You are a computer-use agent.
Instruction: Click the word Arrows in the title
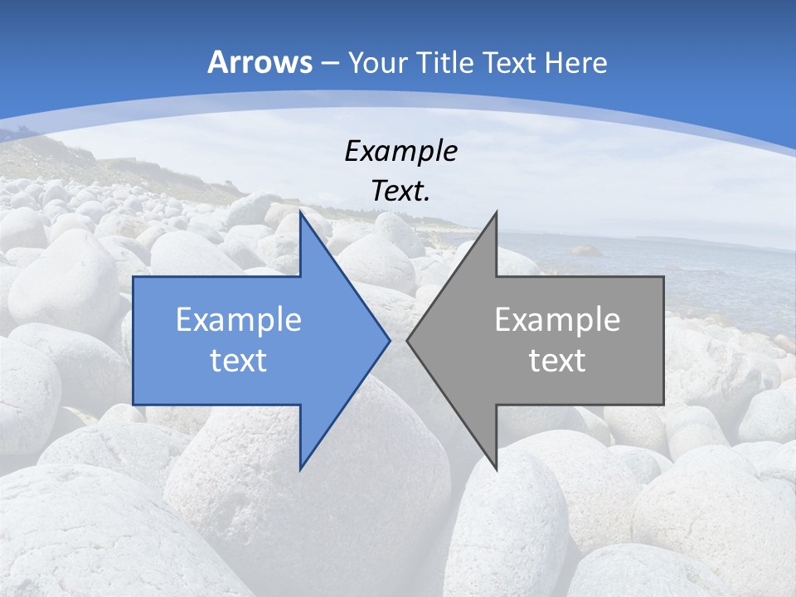pos(260,62)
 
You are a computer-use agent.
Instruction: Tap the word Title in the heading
pos(445,62)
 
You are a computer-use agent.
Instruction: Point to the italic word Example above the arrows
pos(400,151)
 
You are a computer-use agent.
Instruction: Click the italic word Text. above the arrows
pos(400,192)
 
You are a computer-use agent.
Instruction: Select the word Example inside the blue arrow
pos(239,320)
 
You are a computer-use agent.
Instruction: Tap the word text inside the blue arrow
pos(239,361)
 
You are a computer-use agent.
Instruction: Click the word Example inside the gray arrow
pos(557,320)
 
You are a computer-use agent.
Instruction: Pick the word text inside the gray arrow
pos(557,361)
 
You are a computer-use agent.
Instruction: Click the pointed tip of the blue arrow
pos(388,340)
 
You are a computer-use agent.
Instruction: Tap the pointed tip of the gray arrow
pos(408,340)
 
